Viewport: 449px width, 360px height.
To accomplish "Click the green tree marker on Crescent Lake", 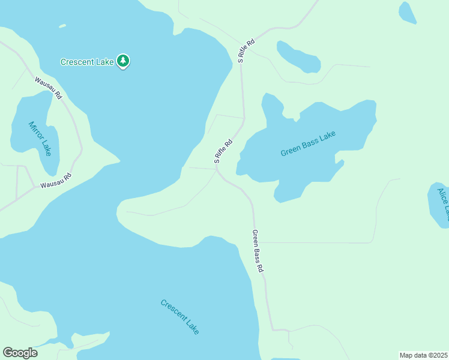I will coord(123,61).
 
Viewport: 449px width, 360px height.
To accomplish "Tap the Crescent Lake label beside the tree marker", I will coord(87,61).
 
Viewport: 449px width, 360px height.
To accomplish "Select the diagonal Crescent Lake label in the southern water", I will coord(180,316).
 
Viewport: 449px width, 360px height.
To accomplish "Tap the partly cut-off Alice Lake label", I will coord(442,204).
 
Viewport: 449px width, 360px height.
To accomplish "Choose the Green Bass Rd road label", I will coord(258,251).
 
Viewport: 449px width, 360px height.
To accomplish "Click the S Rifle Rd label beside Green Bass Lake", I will coord(223,152).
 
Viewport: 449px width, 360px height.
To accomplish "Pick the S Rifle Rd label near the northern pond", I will coord(246,51).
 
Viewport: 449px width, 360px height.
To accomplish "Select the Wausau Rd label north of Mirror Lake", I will coord(48,88).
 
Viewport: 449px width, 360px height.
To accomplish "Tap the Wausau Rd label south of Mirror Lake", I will coord(56,181).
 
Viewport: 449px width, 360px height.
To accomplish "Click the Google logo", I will coord(20,353).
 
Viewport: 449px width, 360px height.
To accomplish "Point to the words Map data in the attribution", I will coord(414,355).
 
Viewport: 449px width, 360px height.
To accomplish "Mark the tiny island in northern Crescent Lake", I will coord(62,26).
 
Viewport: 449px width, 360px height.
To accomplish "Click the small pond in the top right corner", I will coord(407,12).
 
